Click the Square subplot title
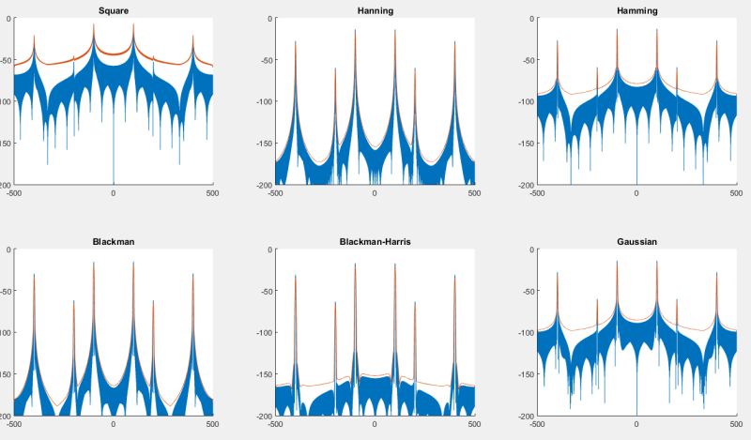113,10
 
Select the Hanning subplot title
375,10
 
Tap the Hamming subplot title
636,10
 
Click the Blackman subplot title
113,241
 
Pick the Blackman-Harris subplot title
375,241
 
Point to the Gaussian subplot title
636,241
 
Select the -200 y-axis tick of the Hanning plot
266,185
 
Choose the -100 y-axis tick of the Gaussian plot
528,332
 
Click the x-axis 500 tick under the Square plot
212,193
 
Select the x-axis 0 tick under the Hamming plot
636,193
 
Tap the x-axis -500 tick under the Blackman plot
14,424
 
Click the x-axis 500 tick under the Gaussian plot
735,424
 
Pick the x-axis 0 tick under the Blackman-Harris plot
375,424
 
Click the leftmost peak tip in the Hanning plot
296,41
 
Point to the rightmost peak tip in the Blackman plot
192,274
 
